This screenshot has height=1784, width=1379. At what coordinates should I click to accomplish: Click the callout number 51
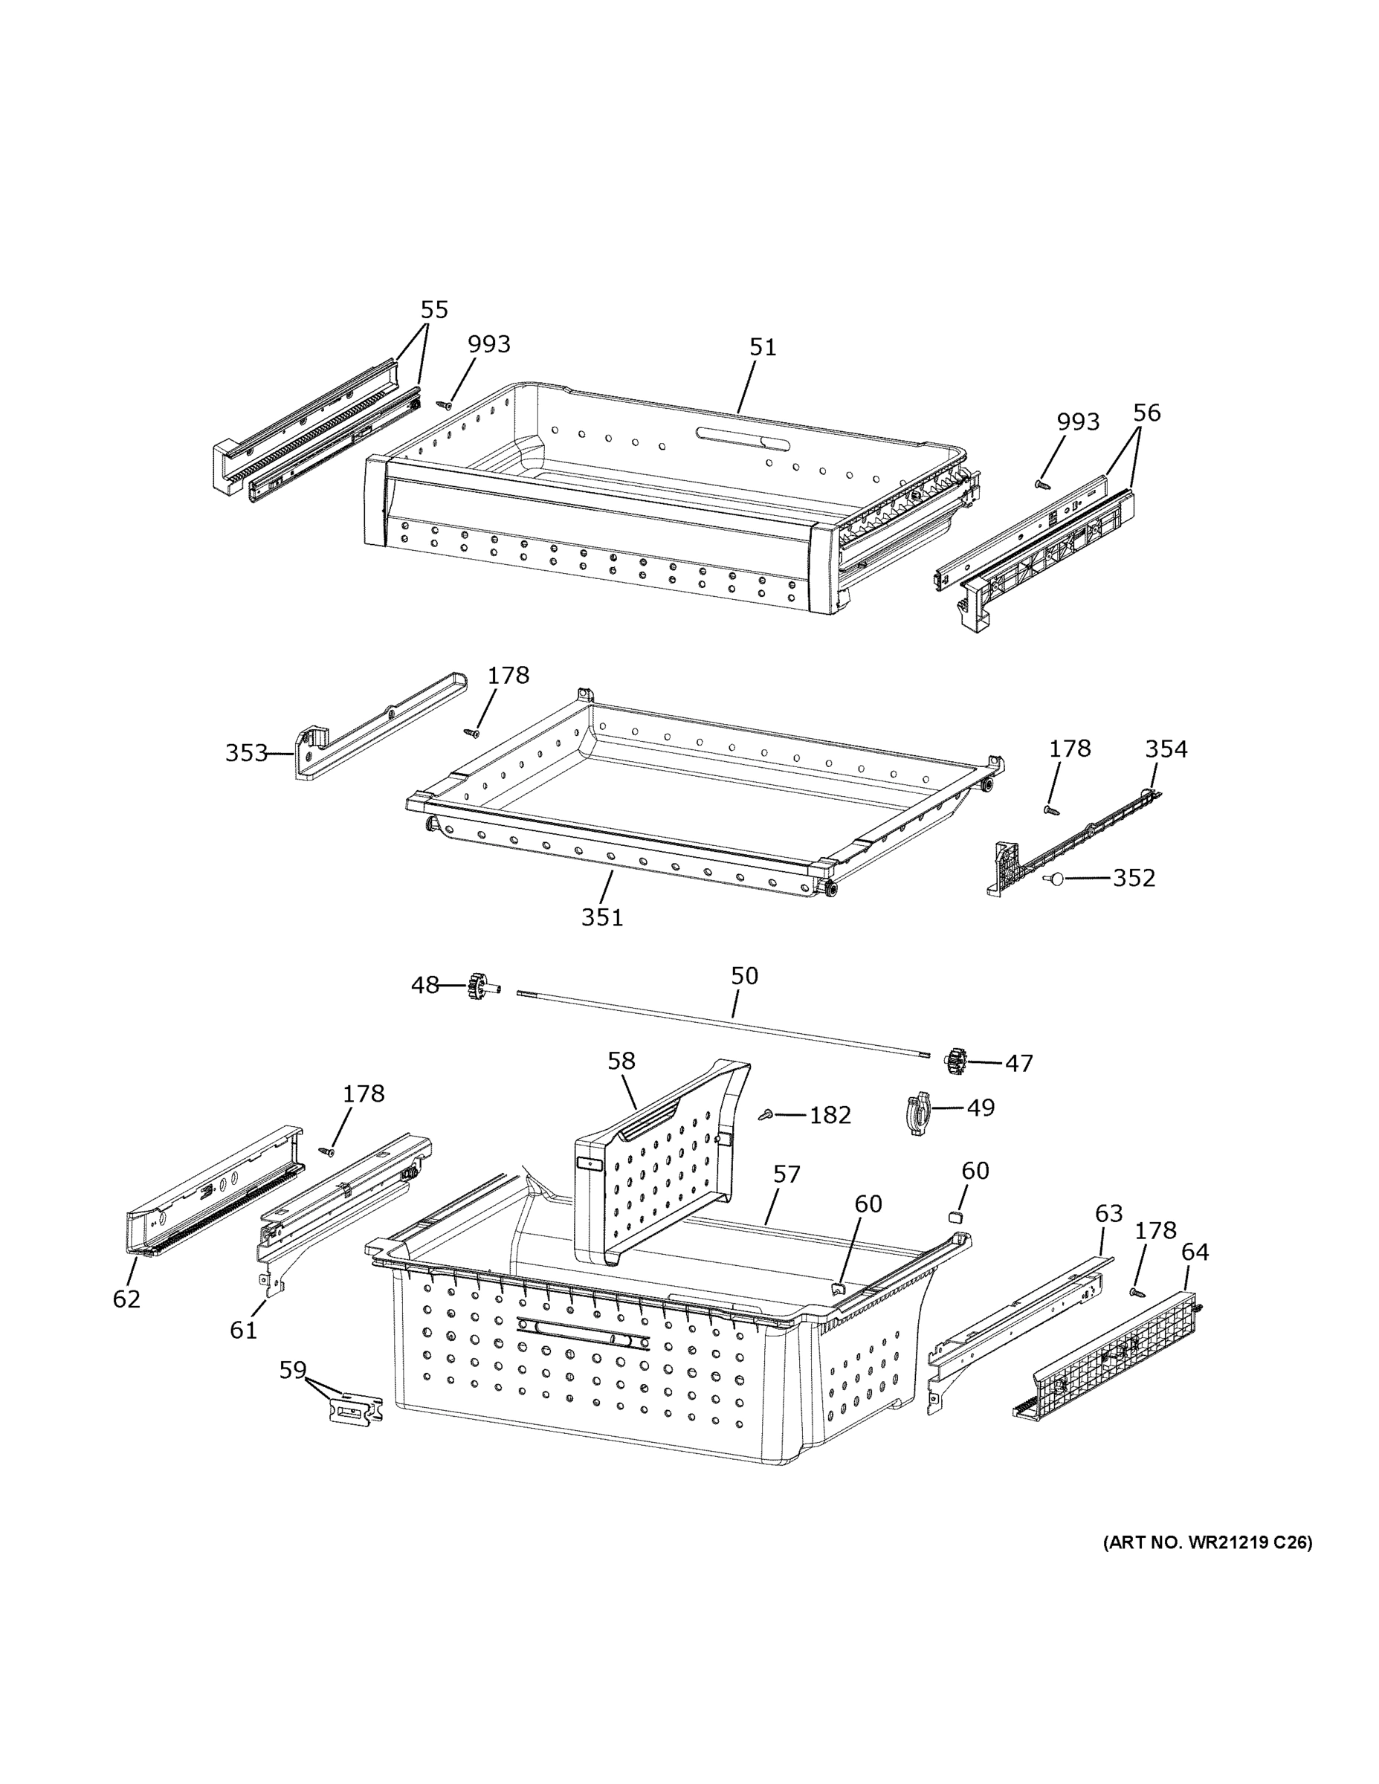[762, 348]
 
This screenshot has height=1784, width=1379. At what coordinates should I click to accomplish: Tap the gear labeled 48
[474, 986]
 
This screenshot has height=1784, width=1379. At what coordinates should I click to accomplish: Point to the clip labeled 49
[918, 1114]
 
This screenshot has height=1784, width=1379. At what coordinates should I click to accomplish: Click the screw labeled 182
[767, 1115]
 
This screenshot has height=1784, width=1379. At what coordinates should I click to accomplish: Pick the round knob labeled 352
[1054, 879]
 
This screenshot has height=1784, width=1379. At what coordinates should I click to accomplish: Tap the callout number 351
[602, 918]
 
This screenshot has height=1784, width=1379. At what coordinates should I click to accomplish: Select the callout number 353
[246, 753]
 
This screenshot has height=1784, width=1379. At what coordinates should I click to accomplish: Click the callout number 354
[1166, 749]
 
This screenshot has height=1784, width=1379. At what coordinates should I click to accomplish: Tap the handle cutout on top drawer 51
[743, 437]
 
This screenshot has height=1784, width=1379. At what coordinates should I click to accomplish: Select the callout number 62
[126, 1299]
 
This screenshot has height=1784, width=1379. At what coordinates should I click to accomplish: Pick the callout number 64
[1195, 1253]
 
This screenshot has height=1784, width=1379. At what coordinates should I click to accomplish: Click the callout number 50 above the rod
[744, 976]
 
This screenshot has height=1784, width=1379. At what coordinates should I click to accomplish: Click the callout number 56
[1146, 413]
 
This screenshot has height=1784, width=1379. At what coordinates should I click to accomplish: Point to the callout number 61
[243, 1331]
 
